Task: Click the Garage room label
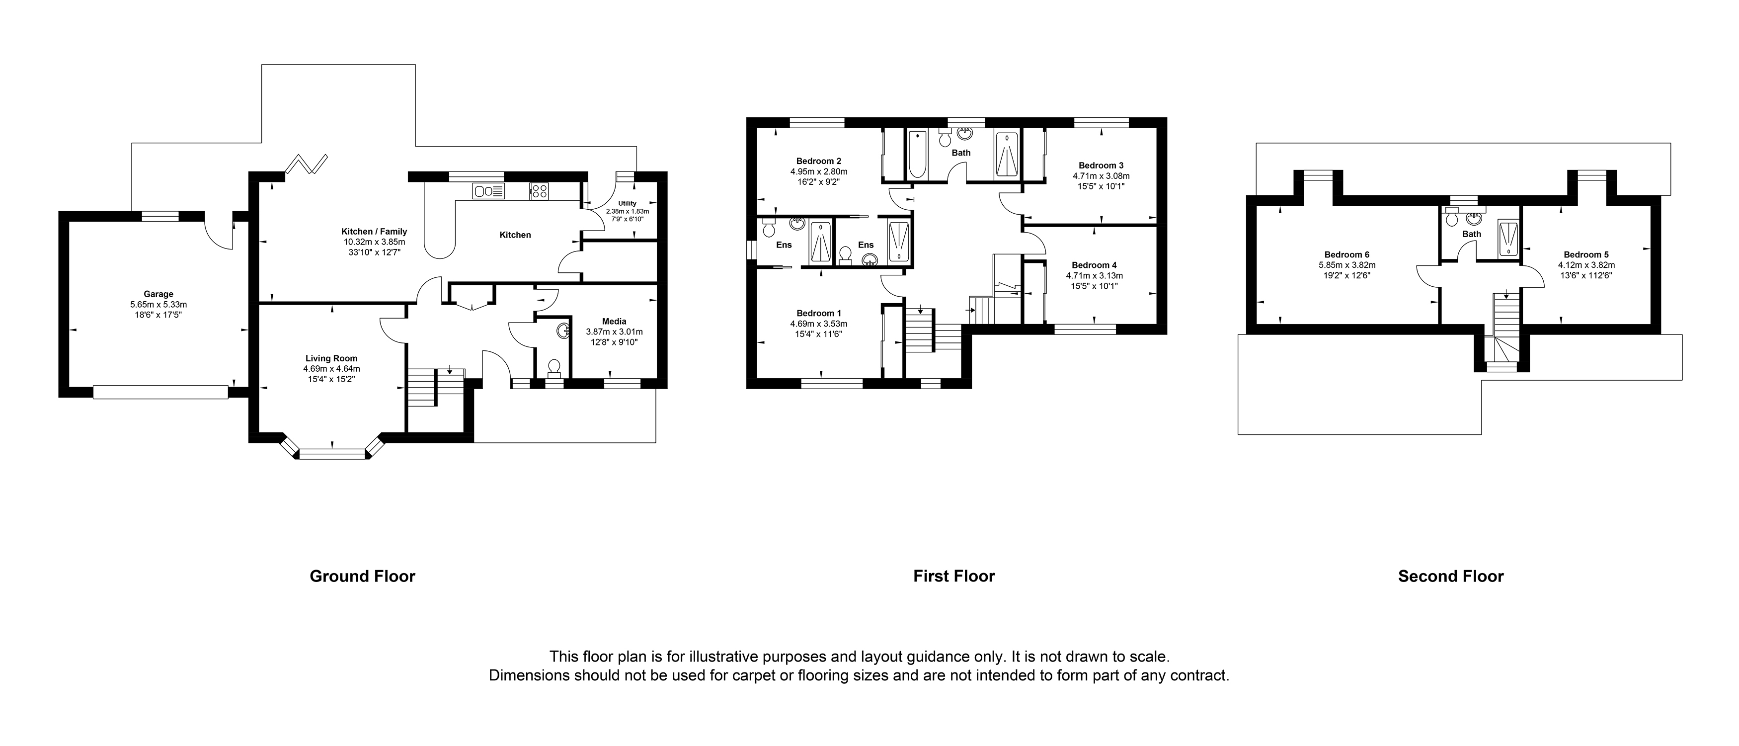(158, 294)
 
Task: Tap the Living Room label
(331, 358)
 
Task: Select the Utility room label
(627, 203)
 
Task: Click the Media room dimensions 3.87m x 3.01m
(614, 332)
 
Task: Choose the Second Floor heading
(1450, 576)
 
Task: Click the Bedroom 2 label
(818, 161)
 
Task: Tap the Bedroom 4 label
(1094, 264)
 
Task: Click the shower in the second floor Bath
(1507, 239)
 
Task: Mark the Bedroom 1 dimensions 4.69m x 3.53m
(818, 324)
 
